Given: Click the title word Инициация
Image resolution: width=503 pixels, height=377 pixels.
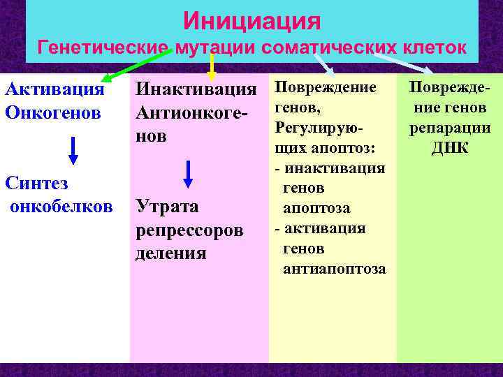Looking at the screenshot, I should tap(251, 20).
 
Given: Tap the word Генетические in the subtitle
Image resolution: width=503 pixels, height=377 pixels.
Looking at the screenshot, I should tap(103, 48).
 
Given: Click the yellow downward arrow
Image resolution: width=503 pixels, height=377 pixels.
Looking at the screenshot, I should tap(212, 66).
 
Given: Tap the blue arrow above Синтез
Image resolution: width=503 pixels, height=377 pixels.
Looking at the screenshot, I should tap(73, 149).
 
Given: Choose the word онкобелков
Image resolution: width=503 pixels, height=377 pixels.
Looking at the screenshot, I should tap(60, 207).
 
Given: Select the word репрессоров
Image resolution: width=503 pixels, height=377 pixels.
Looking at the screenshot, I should tap(189, 230).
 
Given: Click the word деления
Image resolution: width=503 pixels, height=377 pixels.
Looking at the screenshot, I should tap(171, 253).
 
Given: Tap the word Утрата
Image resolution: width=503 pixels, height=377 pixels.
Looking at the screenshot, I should tap(167, 207).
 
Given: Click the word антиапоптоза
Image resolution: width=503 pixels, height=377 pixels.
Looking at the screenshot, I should tap(334, 269).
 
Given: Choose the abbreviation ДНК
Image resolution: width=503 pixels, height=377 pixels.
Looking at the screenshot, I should tap(449, 148).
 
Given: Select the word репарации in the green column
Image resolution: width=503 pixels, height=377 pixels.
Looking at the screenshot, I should tap(449, 128).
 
